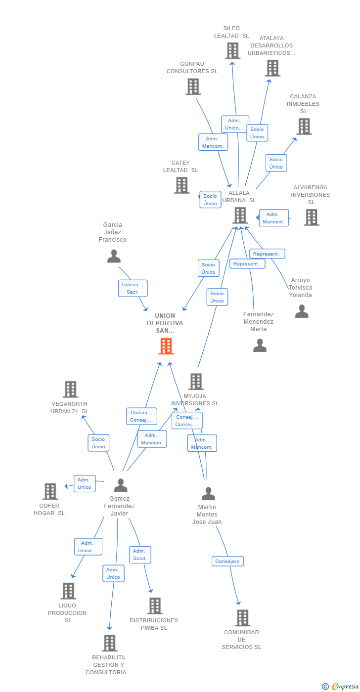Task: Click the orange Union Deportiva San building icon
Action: pyautogui.click(x=166, y=346)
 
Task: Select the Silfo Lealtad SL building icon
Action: pyautogui.click(x=232, y=50)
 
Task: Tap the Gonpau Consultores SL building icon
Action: pyautogui.click(x=193, y=86)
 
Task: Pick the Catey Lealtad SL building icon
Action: pyautogui.click(x=181, y=185)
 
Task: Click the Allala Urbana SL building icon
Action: pyautogui.click(x=240, y=215)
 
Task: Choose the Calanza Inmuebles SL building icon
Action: pyautogui.click(x=304, y=126)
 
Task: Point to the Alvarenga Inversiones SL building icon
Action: pyautogui.click(x=311, y=217)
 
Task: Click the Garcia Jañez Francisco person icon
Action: pyautogui.click(x=114, y=256)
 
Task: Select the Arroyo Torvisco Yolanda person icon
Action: pyautogui.click(x=302, y=311)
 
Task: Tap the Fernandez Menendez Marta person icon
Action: pyautogui.click(x=260, y=345)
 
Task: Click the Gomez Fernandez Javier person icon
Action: pyautogui.click(x=121, y=485)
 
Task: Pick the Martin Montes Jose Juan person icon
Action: pyautogui.click(x=208, y=493)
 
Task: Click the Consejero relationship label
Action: pyautogui.click(x=228, y=561)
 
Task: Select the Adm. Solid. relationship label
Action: pyautogui.click(x=140, y=555)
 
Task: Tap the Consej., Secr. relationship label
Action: pyautogui.click(x=133, y=288)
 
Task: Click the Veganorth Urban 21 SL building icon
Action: pyautogui.click(x=70, y=389)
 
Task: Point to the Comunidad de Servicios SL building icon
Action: pyautogui.click(x=242, y=617)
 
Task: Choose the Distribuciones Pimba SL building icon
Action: pyautogui.click(x=155, y=605)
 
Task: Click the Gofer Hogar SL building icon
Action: pyautogui.click(x=50, y=491)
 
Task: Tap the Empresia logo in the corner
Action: pyautogui.click(x=341, y=686)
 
